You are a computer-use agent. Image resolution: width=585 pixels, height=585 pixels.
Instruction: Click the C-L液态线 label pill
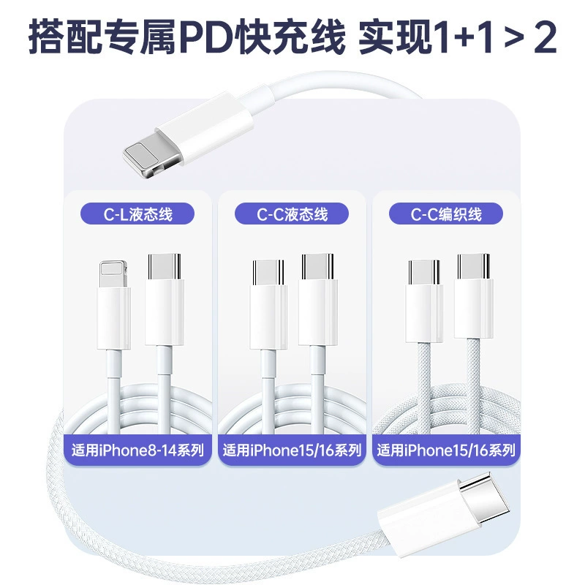[x=137, y=214]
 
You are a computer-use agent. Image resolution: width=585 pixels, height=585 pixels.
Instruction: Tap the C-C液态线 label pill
[x=292, y=214]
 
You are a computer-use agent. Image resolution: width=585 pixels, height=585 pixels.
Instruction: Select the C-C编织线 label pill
[x=446, y=214]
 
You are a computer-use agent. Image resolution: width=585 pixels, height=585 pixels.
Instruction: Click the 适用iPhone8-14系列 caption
[x=137, y=450]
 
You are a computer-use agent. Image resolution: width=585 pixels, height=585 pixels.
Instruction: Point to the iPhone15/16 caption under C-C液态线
[x=292, y=450]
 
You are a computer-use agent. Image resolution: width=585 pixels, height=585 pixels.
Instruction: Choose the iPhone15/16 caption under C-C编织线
[x=446, y=450]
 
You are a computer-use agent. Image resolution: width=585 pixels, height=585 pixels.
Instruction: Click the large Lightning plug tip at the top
[x=152, y=159]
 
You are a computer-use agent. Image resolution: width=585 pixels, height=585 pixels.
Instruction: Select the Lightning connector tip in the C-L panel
[x=113, y=273]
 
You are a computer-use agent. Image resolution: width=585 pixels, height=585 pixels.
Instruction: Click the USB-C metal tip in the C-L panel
[x=164, y=266]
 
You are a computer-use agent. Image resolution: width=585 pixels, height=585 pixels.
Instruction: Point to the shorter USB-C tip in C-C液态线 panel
[x=268, y=272]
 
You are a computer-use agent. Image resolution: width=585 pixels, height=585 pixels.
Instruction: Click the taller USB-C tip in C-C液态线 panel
[x=317, y=266]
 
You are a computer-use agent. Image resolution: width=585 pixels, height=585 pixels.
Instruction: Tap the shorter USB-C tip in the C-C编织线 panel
[x=424, y=272]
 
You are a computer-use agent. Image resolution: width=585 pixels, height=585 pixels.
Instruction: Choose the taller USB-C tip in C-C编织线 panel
[x=473, y=266]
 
